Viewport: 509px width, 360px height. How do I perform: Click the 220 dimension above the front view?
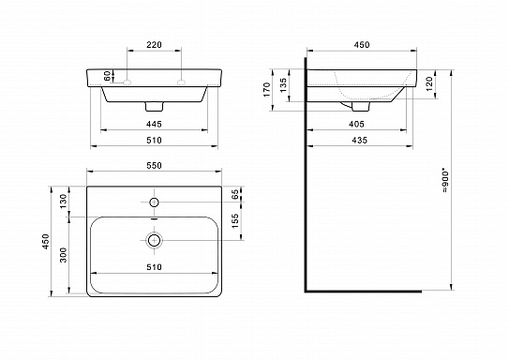[155, 43]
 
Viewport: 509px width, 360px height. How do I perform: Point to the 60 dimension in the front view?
[109, 75]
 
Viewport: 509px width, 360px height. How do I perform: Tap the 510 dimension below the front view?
[155, 142]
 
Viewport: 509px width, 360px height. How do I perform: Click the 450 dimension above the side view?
[360, 43]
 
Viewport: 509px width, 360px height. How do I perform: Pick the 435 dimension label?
[357, 142]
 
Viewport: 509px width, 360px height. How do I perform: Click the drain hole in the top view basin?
[155, 239]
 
